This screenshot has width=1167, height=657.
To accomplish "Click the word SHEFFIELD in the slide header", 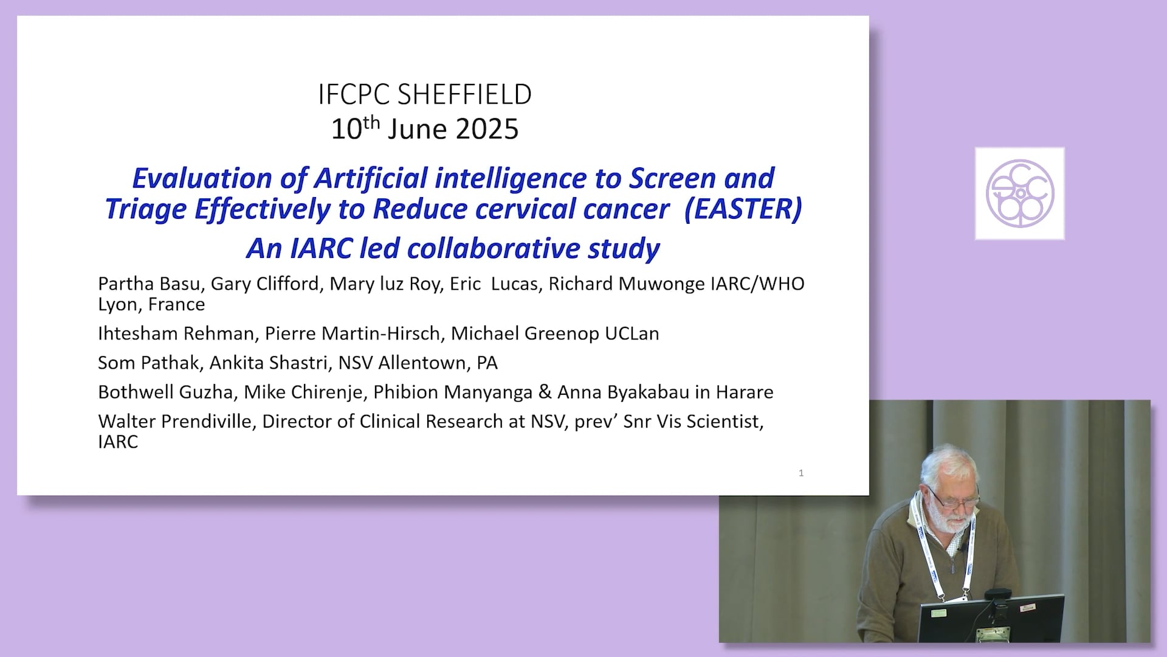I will (464, 94).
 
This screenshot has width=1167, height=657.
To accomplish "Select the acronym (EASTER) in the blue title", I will (743, 209).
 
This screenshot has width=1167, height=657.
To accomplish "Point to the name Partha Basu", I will (149, 283).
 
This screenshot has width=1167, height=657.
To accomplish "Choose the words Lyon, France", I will (151, 304).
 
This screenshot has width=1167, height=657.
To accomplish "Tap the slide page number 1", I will (801, 473).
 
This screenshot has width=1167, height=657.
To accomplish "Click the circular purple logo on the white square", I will (1020, 193).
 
